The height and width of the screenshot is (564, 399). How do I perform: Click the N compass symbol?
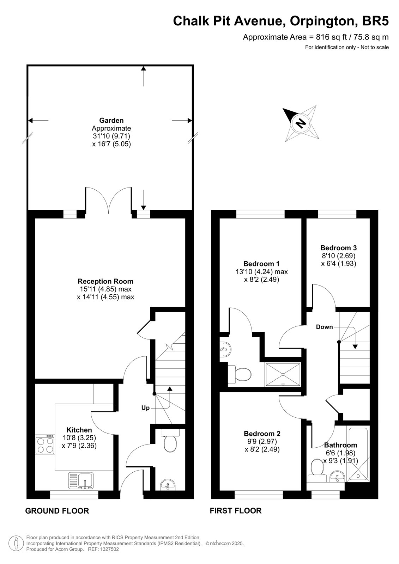coord(300,124)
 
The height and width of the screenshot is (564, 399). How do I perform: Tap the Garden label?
coord(111,120)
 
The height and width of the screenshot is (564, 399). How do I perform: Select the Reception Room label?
coord(105,281)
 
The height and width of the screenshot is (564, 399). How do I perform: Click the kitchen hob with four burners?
coord(45,445)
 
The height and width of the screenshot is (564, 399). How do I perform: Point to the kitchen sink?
coord(81,480)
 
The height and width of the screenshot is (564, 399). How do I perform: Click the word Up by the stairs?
coord(145,407)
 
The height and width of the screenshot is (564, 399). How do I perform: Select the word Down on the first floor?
coord(325,327)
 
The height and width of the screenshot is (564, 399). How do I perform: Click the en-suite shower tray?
coord(283,374)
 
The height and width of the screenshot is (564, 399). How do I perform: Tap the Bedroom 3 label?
coord(339,248)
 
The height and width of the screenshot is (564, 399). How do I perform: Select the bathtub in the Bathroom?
coord(358,454)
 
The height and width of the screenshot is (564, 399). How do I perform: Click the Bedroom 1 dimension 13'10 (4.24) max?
coord(262,272)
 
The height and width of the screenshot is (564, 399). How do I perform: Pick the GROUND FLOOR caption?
coord(57,511)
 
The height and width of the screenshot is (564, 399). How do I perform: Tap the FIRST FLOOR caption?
coord(236,511)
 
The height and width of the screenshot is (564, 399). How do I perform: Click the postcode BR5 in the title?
coord(375,21)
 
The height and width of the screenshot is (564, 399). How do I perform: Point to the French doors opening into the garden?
coord(109,201)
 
